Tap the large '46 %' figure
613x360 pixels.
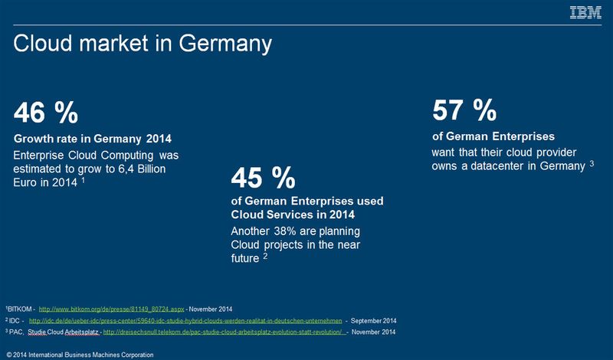point(46,113)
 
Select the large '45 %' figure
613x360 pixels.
point(263,178)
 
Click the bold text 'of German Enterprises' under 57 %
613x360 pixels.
point(493,136)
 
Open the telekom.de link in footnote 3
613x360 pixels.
point(223,332)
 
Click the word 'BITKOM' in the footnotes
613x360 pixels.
point(18,309)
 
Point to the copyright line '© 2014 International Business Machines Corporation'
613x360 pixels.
point(80,354)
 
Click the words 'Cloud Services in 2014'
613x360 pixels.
point(290,215)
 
